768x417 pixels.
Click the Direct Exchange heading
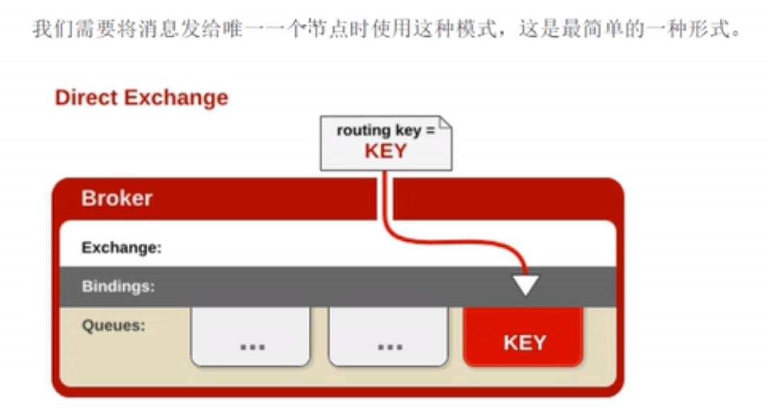pyautogui.click(x=142, y=98)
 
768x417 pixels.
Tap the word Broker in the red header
pyautogui.click(x=117, y=198)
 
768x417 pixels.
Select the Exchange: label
pyautogui.click(x=122, y=248)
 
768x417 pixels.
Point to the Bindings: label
pyautogui.click(x=118, y=287)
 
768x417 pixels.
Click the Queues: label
pyautogui.click(x=113, y=326)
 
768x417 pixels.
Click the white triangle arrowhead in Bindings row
pyautogui.click(x=525, y=285)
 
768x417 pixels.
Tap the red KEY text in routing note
pyautogui.click(x=386, y=151)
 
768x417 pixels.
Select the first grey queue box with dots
pyautogui.click(x=251, y=337)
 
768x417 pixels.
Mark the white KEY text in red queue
pyautogui.click(x=525, y=343)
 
